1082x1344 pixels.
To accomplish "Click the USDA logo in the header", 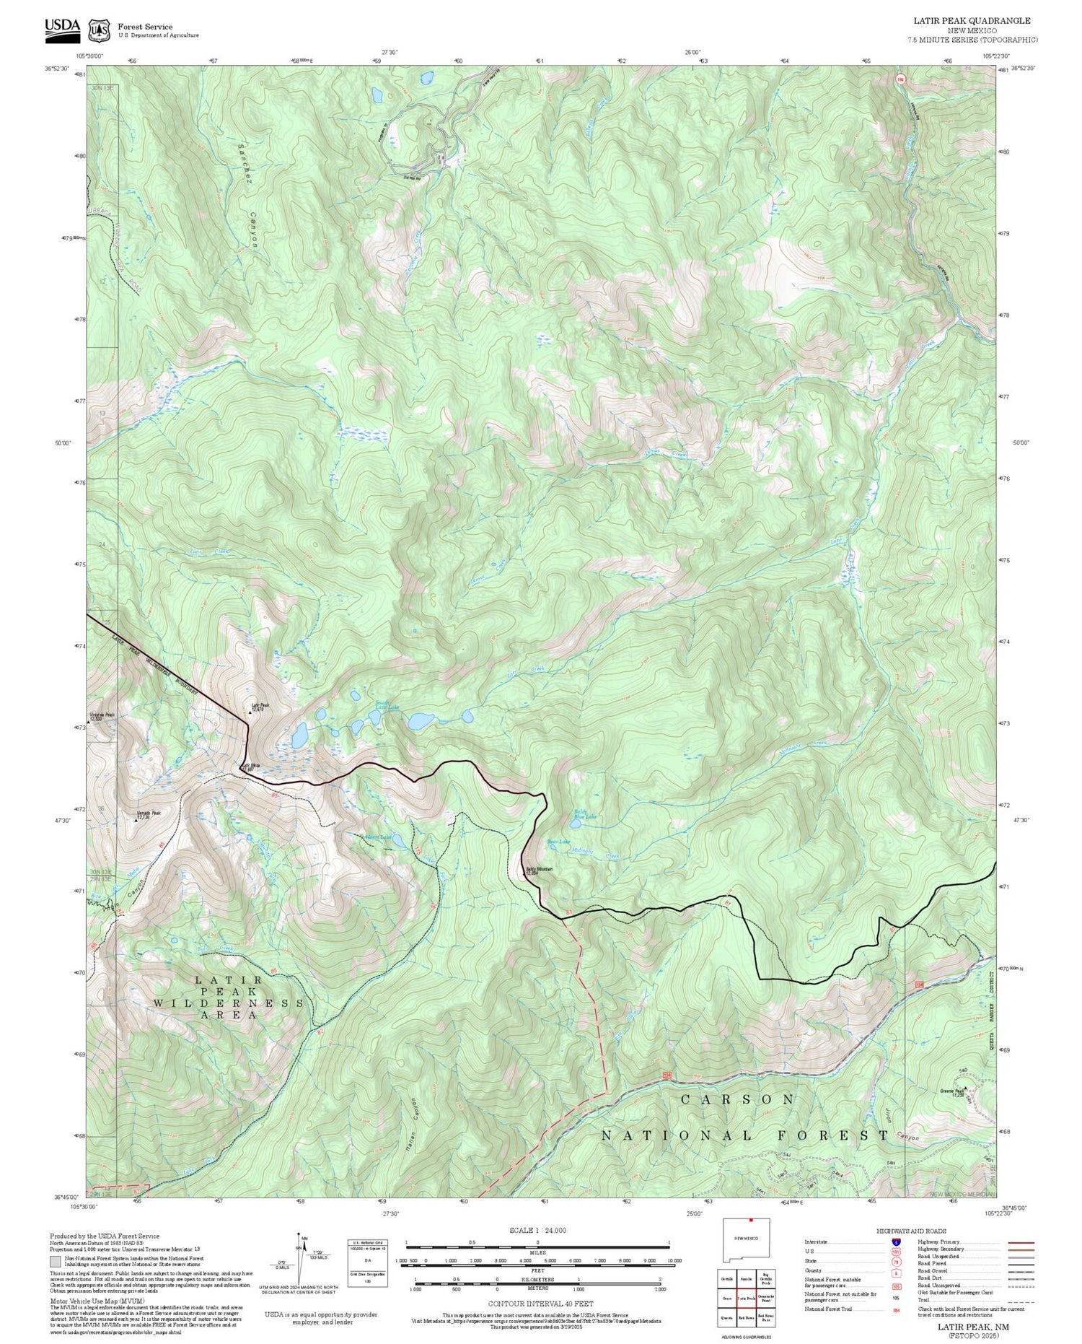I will [x=62, y=27].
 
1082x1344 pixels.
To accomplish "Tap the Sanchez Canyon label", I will [x=245, y=195].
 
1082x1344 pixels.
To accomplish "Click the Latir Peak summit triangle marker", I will [x=250, y=712].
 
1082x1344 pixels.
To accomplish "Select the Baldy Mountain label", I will [x=539, y=870].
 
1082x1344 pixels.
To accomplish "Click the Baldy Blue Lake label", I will [x=585, y=814].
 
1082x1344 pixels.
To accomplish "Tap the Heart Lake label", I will [x=378, y=837].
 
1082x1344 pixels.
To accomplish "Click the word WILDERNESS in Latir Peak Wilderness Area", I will [x=229, y=1003].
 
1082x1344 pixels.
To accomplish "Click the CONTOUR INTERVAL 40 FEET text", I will [x=540, y=1304].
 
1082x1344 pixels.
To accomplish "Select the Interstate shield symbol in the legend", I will [x=896, y=1242].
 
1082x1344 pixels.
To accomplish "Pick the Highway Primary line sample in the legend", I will [x=1018, y=1243].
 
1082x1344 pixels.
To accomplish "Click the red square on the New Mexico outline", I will [x=751, y=1221].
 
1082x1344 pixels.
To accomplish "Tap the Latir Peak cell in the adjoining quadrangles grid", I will [x=746, y=1298].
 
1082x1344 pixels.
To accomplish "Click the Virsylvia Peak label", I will [x=100, y=716].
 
